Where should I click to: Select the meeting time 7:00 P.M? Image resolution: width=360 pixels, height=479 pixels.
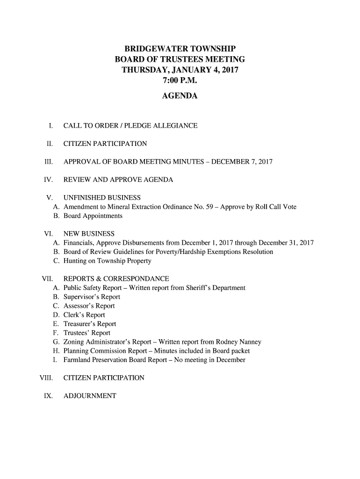pos(180,81)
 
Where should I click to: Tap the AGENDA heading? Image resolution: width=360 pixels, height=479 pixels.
pos(180,96)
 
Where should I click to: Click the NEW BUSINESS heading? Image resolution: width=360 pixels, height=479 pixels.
pos(89,233)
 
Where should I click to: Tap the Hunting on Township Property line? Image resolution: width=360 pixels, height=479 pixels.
pos(107,261)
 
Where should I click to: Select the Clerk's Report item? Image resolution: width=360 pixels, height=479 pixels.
pos(84,315)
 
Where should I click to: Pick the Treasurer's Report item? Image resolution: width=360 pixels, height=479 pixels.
pos(90,324)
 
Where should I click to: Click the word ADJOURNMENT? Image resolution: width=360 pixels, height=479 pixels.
pos(90,396)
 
